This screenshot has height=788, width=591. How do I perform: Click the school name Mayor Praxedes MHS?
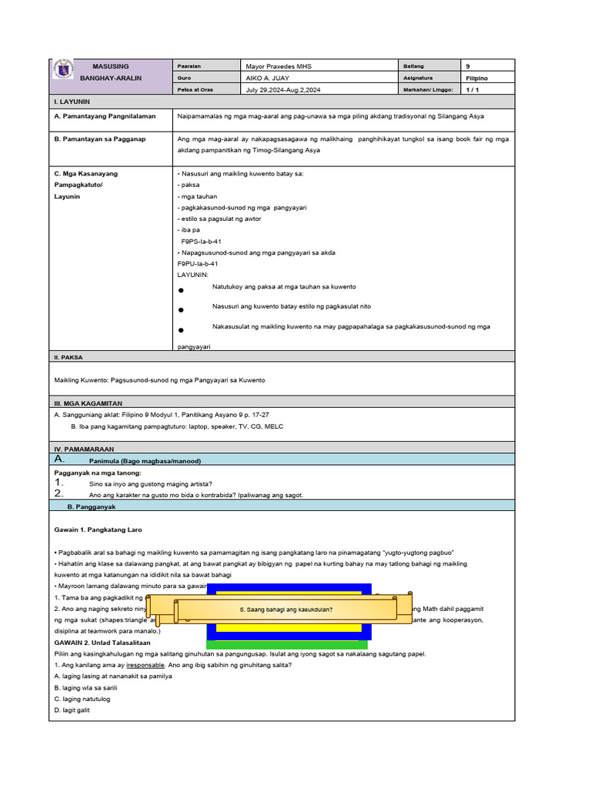(x=278, y=66)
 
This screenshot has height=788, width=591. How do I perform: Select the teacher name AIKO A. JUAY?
(x=267, y=78)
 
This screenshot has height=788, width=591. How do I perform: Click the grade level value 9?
(x=469, y=66)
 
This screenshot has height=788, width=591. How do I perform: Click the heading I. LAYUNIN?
(x=72, y=102)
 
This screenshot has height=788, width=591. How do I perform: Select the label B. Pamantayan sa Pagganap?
(x=100, y=139)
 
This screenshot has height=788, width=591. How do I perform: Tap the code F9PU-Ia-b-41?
(x=199, y=263)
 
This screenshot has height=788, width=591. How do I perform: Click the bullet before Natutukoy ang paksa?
(x=180, y=291)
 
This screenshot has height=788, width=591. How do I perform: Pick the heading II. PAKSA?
(x=68, y=357)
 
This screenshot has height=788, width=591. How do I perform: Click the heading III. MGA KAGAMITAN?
(x=88, y=403)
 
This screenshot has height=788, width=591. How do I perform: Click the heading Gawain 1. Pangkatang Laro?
(x=98, y=530)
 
